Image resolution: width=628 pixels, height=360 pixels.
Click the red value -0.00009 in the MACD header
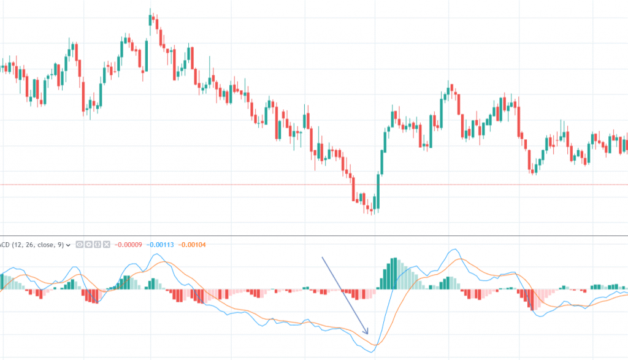128,245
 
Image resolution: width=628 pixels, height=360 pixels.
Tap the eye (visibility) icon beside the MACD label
80,245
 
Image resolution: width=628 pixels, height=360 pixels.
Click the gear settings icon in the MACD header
88,245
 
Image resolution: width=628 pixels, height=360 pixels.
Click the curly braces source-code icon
97,245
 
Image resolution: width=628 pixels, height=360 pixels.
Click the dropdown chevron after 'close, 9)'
68,245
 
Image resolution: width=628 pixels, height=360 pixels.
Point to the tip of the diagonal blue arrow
368,335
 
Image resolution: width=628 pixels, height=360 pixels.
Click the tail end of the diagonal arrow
323,258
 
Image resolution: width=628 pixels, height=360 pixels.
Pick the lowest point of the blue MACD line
370,352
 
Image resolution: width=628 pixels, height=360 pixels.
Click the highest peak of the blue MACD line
454,250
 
